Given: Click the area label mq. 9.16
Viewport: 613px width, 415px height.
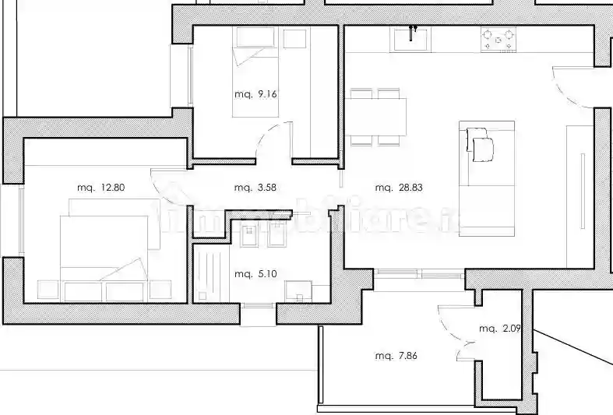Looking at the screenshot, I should tap(255, 94).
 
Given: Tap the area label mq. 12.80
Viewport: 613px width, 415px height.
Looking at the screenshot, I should tap(100, 188).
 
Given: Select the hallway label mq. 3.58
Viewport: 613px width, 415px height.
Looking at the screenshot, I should tap(255, 188).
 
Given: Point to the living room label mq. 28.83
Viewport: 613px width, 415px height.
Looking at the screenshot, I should tap(398, 188).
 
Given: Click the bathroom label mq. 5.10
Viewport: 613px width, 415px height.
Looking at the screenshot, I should tap(255, 274).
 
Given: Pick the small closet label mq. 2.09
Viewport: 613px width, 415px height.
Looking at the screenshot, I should tap(500, 329).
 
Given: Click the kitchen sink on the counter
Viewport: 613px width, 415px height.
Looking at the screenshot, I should tap(412, 38).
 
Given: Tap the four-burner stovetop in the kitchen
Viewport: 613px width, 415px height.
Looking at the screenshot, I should tap(499, 40).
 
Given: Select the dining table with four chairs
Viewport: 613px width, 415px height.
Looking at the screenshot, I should tap(378, 118).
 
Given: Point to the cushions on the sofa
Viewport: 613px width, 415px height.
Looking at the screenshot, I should tap(481, 144).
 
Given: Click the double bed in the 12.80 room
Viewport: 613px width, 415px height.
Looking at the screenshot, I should tap(105, 249).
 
